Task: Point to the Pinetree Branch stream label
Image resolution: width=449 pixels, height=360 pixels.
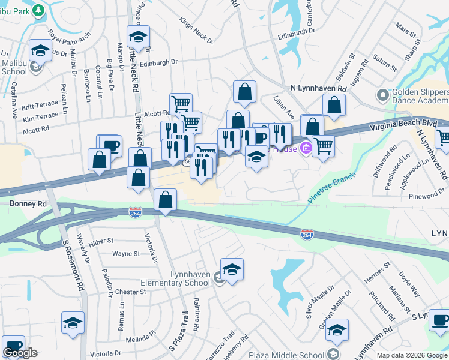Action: (333, 188)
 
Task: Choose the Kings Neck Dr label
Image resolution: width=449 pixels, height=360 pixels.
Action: (196, 31)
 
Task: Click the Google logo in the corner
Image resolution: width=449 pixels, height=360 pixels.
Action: (20, 353)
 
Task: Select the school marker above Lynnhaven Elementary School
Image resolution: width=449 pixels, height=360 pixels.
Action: (232, 269)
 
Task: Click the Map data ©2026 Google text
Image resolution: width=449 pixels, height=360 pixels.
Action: (412, 355)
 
